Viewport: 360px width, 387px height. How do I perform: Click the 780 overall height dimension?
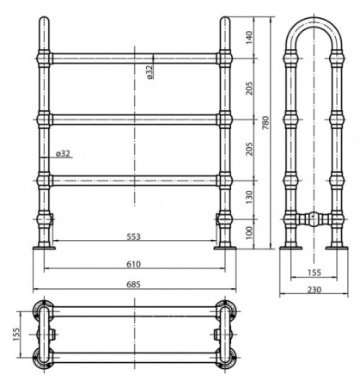[265, 123]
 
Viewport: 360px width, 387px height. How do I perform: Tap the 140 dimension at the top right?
[249, 37]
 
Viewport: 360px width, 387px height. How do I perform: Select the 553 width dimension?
[134, 236]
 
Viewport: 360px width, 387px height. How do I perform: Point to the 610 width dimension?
[134, 264]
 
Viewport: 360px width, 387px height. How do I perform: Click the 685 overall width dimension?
[134, 285]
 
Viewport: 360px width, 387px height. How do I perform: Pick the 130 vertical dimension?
[249, 197]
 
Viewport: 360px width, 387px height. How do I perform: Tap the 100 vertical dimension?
[249, 233]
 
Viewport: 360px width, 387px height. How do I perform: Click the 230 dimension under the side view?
[314, 290]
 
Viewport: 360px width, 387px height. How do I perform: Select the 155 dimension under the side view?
[314, 273]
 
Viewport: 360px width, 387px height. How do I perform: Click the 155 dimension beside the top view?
[16, 335]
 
